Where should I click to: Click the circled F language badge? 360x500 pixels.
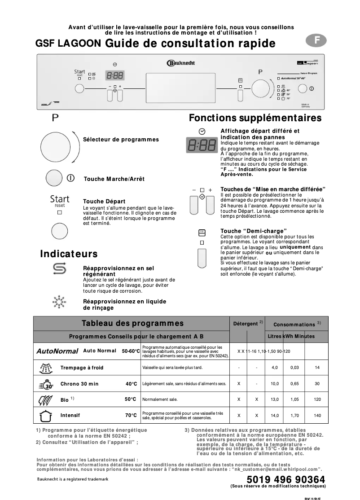coord(317,40)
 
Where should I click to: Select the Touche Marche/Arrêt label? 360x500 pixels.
coord(114,179)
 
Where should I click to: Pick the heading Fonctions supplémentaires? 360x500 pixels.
coord(255,118)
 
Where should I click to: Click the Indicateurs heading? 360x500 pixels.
coord(69,254)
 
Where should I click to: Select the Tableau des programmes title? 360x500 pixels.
coord(132,323)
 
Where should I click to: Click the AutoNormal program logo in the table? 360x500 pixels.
coord(57,351)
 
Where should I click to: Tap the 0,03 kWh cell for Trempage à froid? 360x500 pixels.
coord(294,368)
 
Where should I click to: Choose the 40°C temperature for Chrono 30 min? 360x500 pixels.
coord(131,384)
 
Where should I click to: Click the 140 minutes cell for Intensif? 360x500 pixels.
coord(318,416)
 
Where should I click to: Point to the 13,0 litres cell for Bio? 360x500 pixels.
coord(275,399)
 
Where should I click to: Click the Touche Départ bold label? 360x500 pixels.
coord(104,202)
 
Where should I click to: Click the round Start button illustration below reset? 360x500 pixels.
coord(59,231)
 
